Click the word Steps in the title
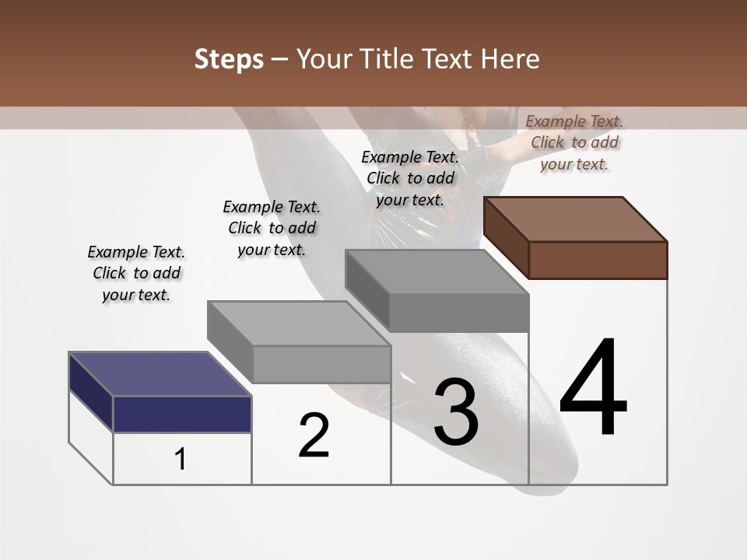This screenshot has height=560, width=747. pos(229,59)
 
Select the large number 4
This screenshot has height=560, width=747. pos(593,388)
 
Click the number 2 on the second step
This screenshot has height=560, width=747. pos(314,435)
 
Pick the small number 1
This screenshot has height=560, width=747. pos(181,460)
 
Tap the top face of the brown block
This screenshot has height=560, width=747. pos(574,219)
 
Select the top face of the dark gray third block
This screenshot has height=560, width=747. pos(436,272)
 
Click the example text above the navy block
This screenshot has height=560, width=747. pos(136,273)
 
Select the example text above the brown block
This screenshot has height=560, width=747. pos(574,142)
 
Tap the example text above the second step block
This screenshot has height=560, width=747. pos(272,228)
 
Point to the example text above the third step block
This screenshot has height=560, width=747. pos(410,178)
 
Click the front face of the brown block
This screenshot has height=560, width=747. pos(598,260)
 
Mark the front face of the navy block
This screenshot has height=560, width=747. pos(182,414)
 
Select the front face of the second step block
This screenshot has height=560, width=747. pos(321,364)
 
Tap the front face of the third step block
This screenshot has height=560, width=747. pos(459,313)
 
